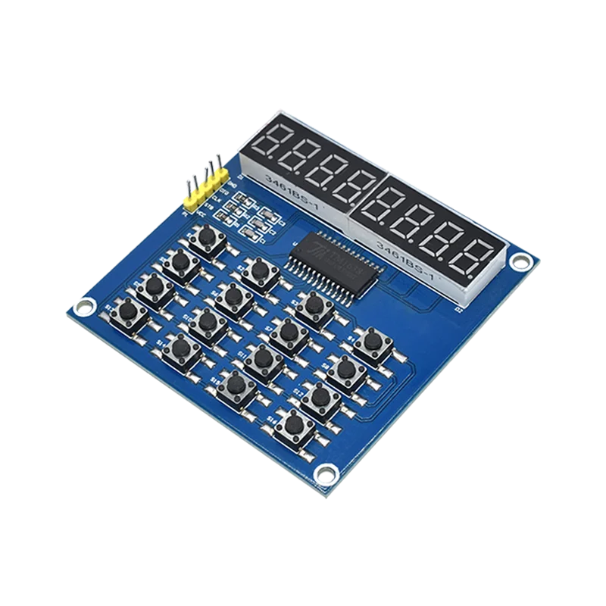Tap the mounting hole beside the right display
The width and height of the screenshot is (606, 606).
tap(518, 262)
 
